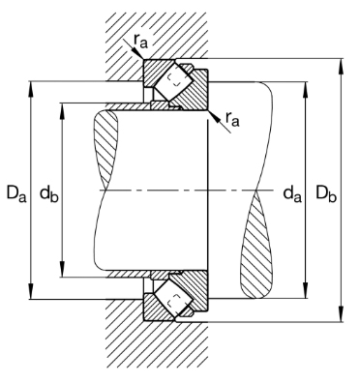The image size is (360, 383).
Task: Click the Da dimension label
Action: (x=16, y=193)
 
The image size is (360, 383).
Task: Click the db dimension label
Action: (x=49, y=193)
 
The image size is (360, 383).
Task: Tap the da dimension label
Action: (x=292, y=193)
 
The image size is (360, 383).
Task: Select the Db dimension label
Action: (x=326, y=193)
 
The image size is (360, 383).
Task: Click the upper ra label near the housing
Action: (x=140, y=41)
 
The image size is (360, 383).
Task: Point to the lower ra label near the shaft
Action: (x=232, y=119)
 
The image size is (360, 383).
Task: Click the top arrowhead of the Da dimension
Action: (x=31, y=89)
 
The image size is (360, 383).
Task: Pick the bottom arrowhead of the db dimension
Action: (x=63, y=269)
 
